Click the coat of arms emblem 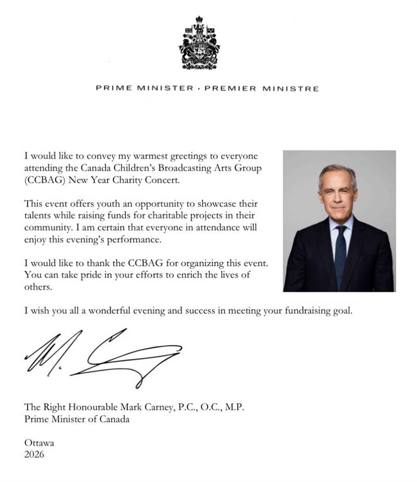(199, 43)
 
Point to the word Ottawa (39, 443)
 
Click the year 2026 (34, 454)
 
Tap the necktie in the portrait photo (340, 255)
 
